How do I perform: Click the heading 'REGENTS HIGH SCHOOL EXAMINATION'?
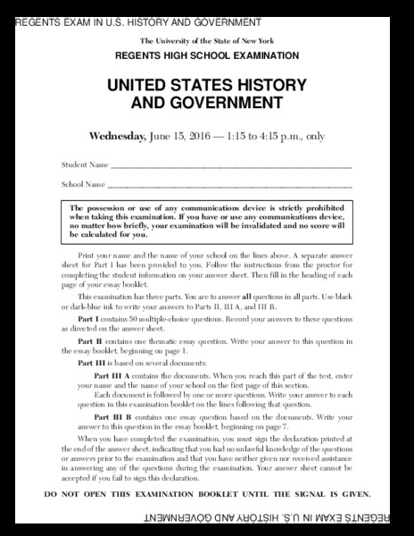(206, 55)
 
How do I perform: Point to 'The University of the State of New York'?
(206, 42)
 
